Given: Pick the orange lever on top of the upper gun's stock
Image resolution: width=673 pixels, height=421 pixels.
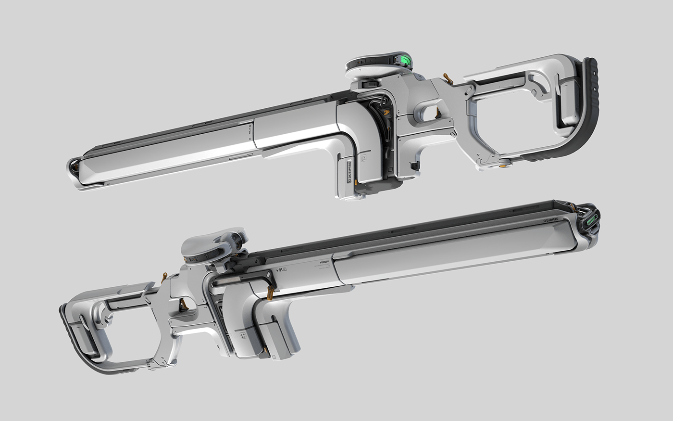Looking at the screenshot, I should pos(448,77).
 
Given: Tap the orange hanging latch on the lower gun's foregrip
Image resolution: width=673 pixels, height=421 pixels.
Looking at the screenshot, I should pos(270,293).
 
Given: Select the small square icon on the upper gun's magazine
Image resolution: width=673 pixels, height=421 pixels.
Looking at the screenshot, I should pos(364,157).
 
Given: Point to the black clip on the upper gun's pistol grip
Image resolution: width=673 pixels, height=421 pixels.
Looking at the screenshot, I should pos(415,166).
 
